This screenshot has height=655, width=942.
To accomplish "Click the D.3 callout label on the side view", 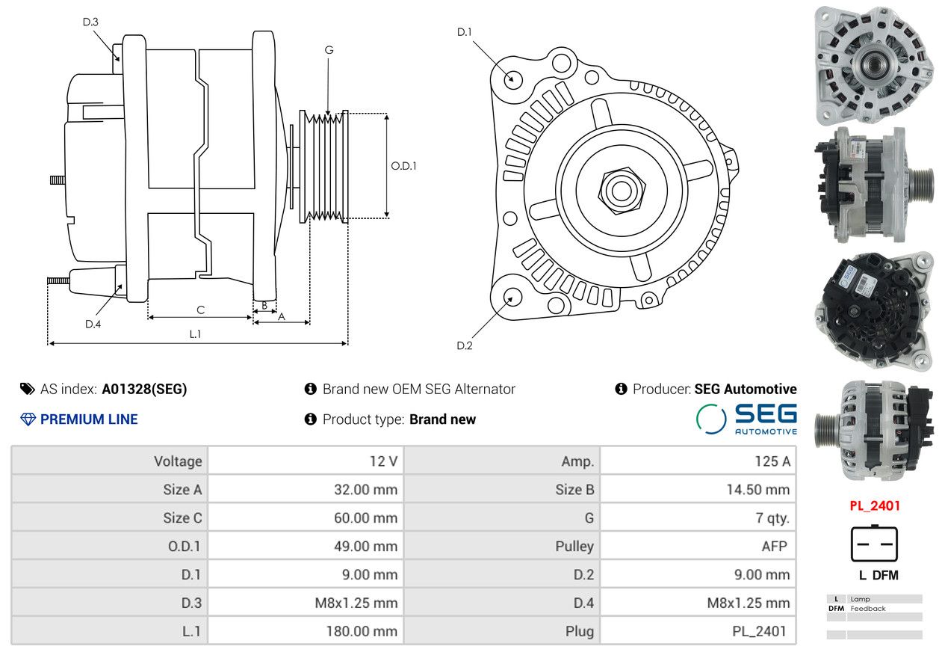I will (90, 22).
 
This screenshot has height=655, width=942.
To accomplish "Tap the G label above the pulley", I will (329, 50).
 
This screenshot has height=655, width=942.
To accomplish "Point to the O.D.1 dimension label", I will (403, 166).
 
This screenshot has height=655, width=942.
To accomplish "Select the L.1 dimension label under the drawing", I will (195, 333).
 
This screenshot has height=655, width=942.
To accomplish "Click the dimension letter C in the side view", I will (200, 310).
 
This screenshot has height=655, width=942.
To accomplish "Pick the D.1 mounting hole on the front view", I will (512, 79).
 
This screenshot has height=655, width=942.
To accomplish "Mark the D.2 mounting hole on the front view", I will (512, 297).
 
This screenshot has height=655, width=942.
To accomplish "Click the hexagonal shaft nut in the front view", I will (619, 188).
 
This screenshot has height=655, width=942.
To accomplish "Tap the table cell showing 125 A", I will (772, 461).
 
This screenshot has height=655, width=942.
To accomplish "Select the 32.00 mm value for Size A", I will (365, 490).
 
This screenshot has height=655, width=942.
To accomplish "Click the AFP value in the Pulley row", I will (774, 546).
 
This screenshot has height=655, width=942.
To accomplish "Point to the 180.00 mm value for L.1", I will (362, 631).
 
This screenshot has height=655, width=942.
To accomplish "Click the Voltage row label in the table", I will (178, 461).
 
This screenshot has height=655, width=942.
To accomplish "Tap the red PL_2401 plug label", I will (874, 505).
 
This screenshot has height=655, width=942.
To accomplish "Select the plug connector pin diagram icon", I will (874, 544).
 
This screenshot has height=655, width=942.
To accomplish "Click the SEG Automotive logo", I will (746, 419).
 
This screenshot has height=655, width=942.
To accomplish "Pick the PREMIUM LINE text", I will (88, 419).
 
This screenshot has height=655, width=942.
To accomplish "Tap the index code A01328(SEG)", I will (144, 389).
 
